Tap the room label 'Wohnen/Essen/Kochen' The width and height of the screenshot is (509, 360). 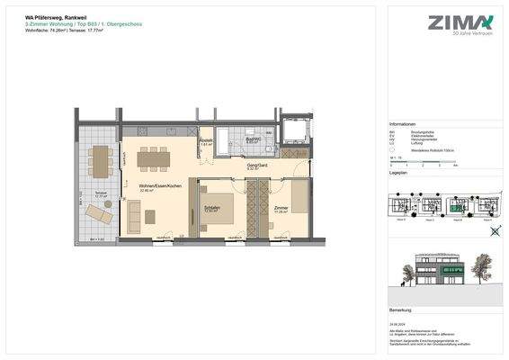pyautogui.click(x=161, y=184)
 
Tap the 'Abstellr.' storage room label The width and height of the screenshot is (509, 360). pyautogui.click(x=205, y=141)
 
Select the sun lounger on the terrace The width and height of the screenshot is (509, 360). pyautogui.click(x=96, y=214)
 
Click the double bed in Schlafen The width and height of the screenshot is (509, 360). pyautogui.click(x=217, y=207)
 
